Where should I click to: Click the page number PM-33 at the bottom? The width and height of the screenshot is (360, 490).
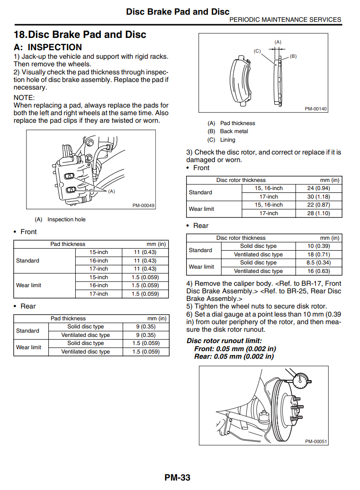[x=178, y=478]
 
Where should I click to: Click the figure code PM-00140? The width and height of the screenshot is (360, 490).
[x=315, y=109]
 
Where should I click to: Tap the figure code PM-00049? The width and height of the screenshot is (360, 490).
[x=143, y=206]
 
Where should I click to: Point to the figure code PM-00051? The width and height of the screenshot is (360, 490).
[x=315, y=441]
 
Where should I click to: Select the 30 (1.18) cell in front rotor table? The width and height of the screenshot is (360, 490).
[x=318, y=197]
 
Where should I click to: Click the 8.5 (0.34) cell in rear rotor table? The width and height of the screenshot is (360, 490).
[x=318, y=263]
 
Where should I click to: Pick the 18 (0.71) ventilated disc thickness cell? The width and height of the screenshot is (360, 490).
[x=318, y=254]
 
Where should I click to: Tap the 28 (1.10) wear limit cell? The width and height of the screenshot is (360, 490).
[x=318, y=213]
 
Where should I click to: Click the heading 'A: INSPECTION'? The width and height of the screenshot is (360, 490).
[x=48, y=47]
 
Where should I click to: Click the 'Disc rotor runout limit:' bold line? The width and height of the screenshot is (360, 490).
[x=224, y=341]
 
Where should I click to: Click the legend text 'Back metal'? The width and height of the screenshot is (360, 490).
[x=234, y=131]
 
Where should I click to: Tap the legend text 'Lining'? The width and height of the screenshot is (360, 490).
[x=227, y=140]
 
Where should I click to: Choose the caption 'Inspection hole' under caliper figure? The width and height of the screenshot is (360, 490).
[x=66, y=219]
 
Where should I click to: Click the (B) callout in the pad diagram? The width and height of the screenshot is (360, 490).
[x=293, y=56]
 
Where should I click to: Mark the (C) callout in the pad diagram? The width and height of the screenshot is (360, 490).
[x=257, y=51]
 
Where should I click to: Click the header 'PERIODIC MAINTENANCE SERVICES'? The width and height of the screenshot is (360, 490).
[x=285, y=20]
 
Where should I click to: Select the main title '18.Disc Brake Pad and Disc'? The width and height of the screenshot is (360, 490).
[x=80, y=35]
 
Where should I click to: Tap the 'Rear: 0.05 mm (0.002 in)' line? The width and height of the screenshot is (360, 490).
[x=234, y=356]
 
